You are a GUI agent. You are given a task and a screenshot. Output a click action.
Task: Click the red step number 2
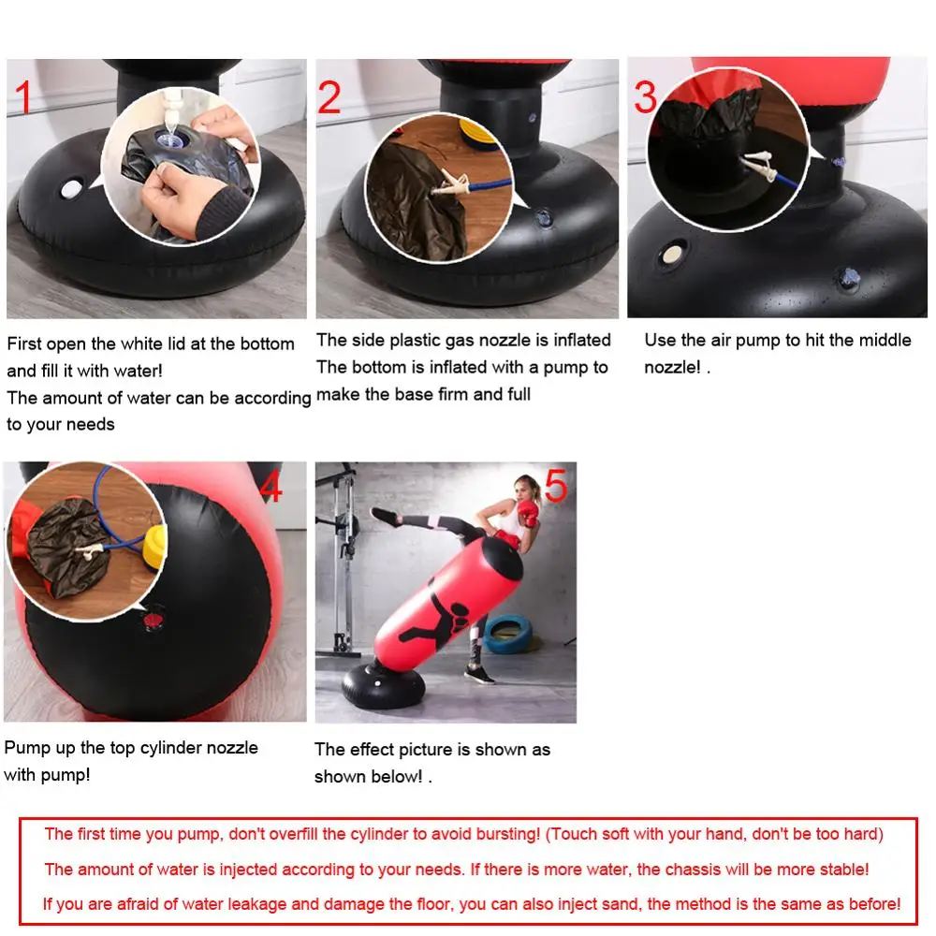point(329,97)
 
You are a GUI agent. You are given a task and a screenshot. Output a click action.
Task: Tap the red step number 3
point(645,96)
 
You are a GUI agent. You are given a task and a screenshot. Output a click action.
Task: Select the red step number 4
point(271,487)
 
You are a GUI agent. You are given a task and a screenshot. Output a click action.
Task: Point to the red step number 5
point(556,487)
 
